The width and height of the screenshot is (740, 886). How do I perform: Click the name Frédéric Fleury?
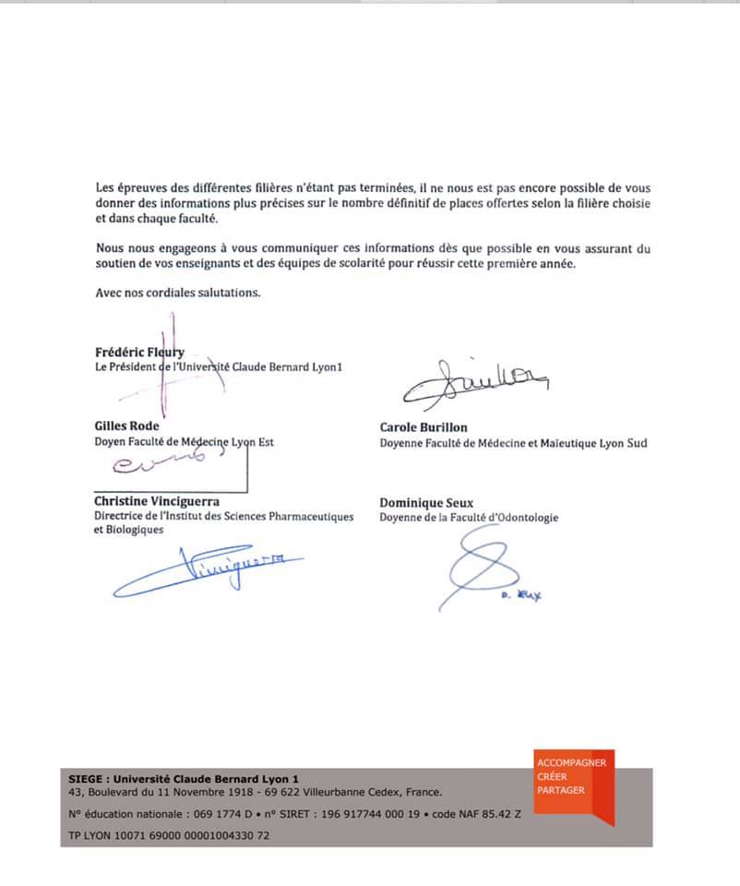[x=139, y=352]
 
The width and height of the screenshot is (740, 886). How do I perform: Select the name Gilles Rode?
[x=126, y=426]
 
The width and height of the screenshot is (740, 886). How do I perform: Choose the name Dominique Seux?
[x=426, y=503]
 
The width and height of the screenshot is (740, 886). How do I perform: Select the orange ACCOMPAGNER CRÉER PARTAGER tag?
[x=572, y=785]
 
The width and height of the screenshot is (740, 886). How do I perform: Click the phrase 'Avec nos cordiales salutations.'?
[x=178, y=293]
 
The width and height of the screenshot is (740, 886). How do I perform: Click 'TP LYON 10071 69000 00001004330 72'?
[x=169, y=836]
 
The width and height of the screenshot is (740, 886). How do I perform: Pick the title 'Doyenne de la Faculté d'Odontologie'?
[x=469, y=518]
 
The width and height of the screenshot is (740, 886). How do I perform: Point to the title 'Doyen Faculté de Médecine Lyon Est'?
[x=184, y=442]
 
